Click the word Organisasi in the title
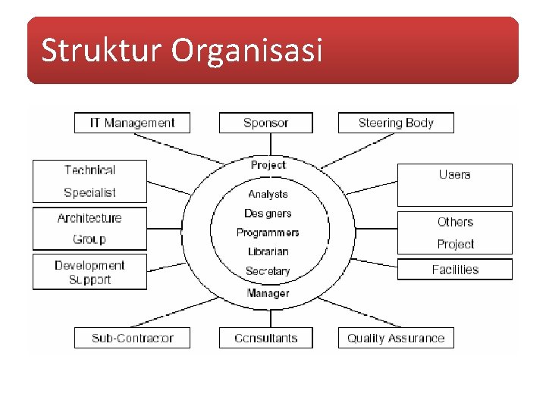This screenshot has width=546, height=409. (247, 52)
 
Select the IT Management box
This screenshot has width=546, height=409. (132, 123)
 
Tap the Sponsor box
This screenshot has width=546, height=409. (265, 123)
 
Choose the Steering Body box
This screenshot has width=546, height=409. (396, 123)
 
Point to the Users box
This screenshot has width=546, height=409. (454, 184)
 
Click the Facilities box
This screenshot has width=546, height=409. (455, 270)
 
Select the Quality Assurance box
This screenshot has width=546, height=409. (396, 338)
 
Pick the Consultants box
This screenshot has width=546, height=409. (265, 338)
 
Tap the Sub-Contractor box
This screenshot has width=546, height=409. (132, 338)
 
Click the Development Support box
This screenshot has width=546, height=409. (89, 272)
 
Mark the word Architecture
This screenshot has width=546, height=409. (89, 218)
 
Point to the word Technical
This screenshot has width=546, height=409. (89, 170)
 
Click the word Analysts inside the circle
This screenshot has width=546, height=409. (268, 195)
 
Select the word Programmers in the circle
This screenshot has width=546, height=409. (268, 233)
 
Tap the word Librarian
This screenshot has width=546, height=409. (268, 251)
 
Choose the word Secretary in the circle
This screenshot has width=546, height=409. (268, 271)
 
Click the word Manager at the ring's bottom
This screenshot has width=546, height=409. (268, 293)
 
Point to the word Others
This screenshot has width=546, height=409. (455, 222)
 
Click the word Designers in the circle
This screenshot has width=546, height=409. (268, 214)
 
